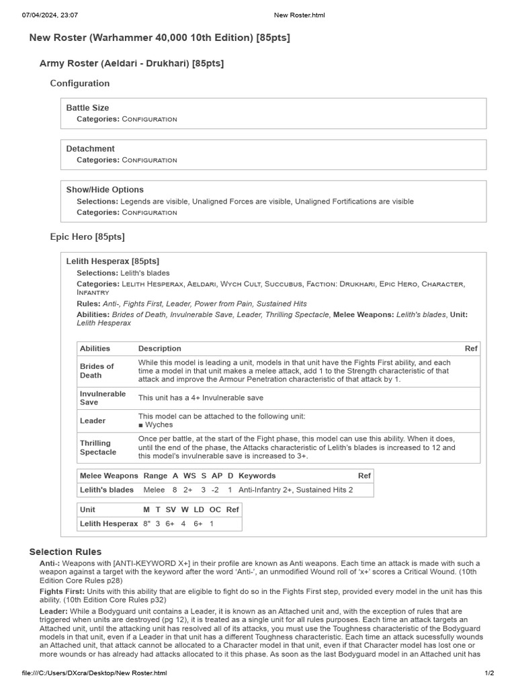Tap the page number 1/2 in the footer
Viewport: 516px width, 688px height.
[490, 673]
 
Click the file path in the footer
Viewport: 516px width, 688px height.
[94, 673]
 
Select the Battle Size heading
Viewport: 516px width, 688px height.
[87, 107]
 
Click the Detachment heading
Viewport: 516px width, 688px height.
[90, 148]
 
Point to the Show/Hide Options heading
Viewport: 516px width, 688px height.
[105, 189]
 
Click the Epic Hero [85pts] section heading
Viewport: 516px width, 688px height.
[87, 236]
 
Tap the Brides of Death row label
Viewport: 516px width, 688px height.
[97, 371]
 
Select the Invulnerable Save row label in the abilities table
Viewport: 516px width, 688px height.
[103, 398]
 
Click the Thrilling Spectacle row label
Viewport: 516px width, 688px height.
[98, 447]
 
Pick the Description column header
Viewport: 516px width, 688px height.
[160, 349]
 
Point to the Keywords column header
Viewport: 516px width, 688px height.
[257, 476]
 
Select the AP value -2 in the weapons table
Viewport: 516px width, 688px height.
[216, 490]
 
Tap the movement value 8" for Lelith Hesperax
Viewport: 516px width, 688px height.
[146, 523]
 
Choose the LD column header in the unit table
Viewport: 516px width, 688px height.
[199, 510]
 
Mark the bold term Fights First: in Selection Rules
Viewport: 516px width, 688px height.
[61, 591]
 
